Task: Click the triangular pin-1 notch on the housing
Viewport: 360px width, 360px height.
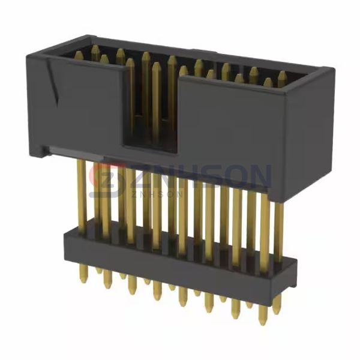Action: (x=55, y=87)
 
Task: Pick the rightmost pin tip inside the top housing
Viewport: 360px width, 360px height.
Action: (x=281, y=76)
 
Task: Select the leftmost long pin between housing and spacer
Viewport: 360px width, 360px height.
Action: (x=80, y=192)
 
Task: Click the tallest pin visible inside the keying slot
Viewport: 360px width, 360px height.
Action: (x=146, y=90)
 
